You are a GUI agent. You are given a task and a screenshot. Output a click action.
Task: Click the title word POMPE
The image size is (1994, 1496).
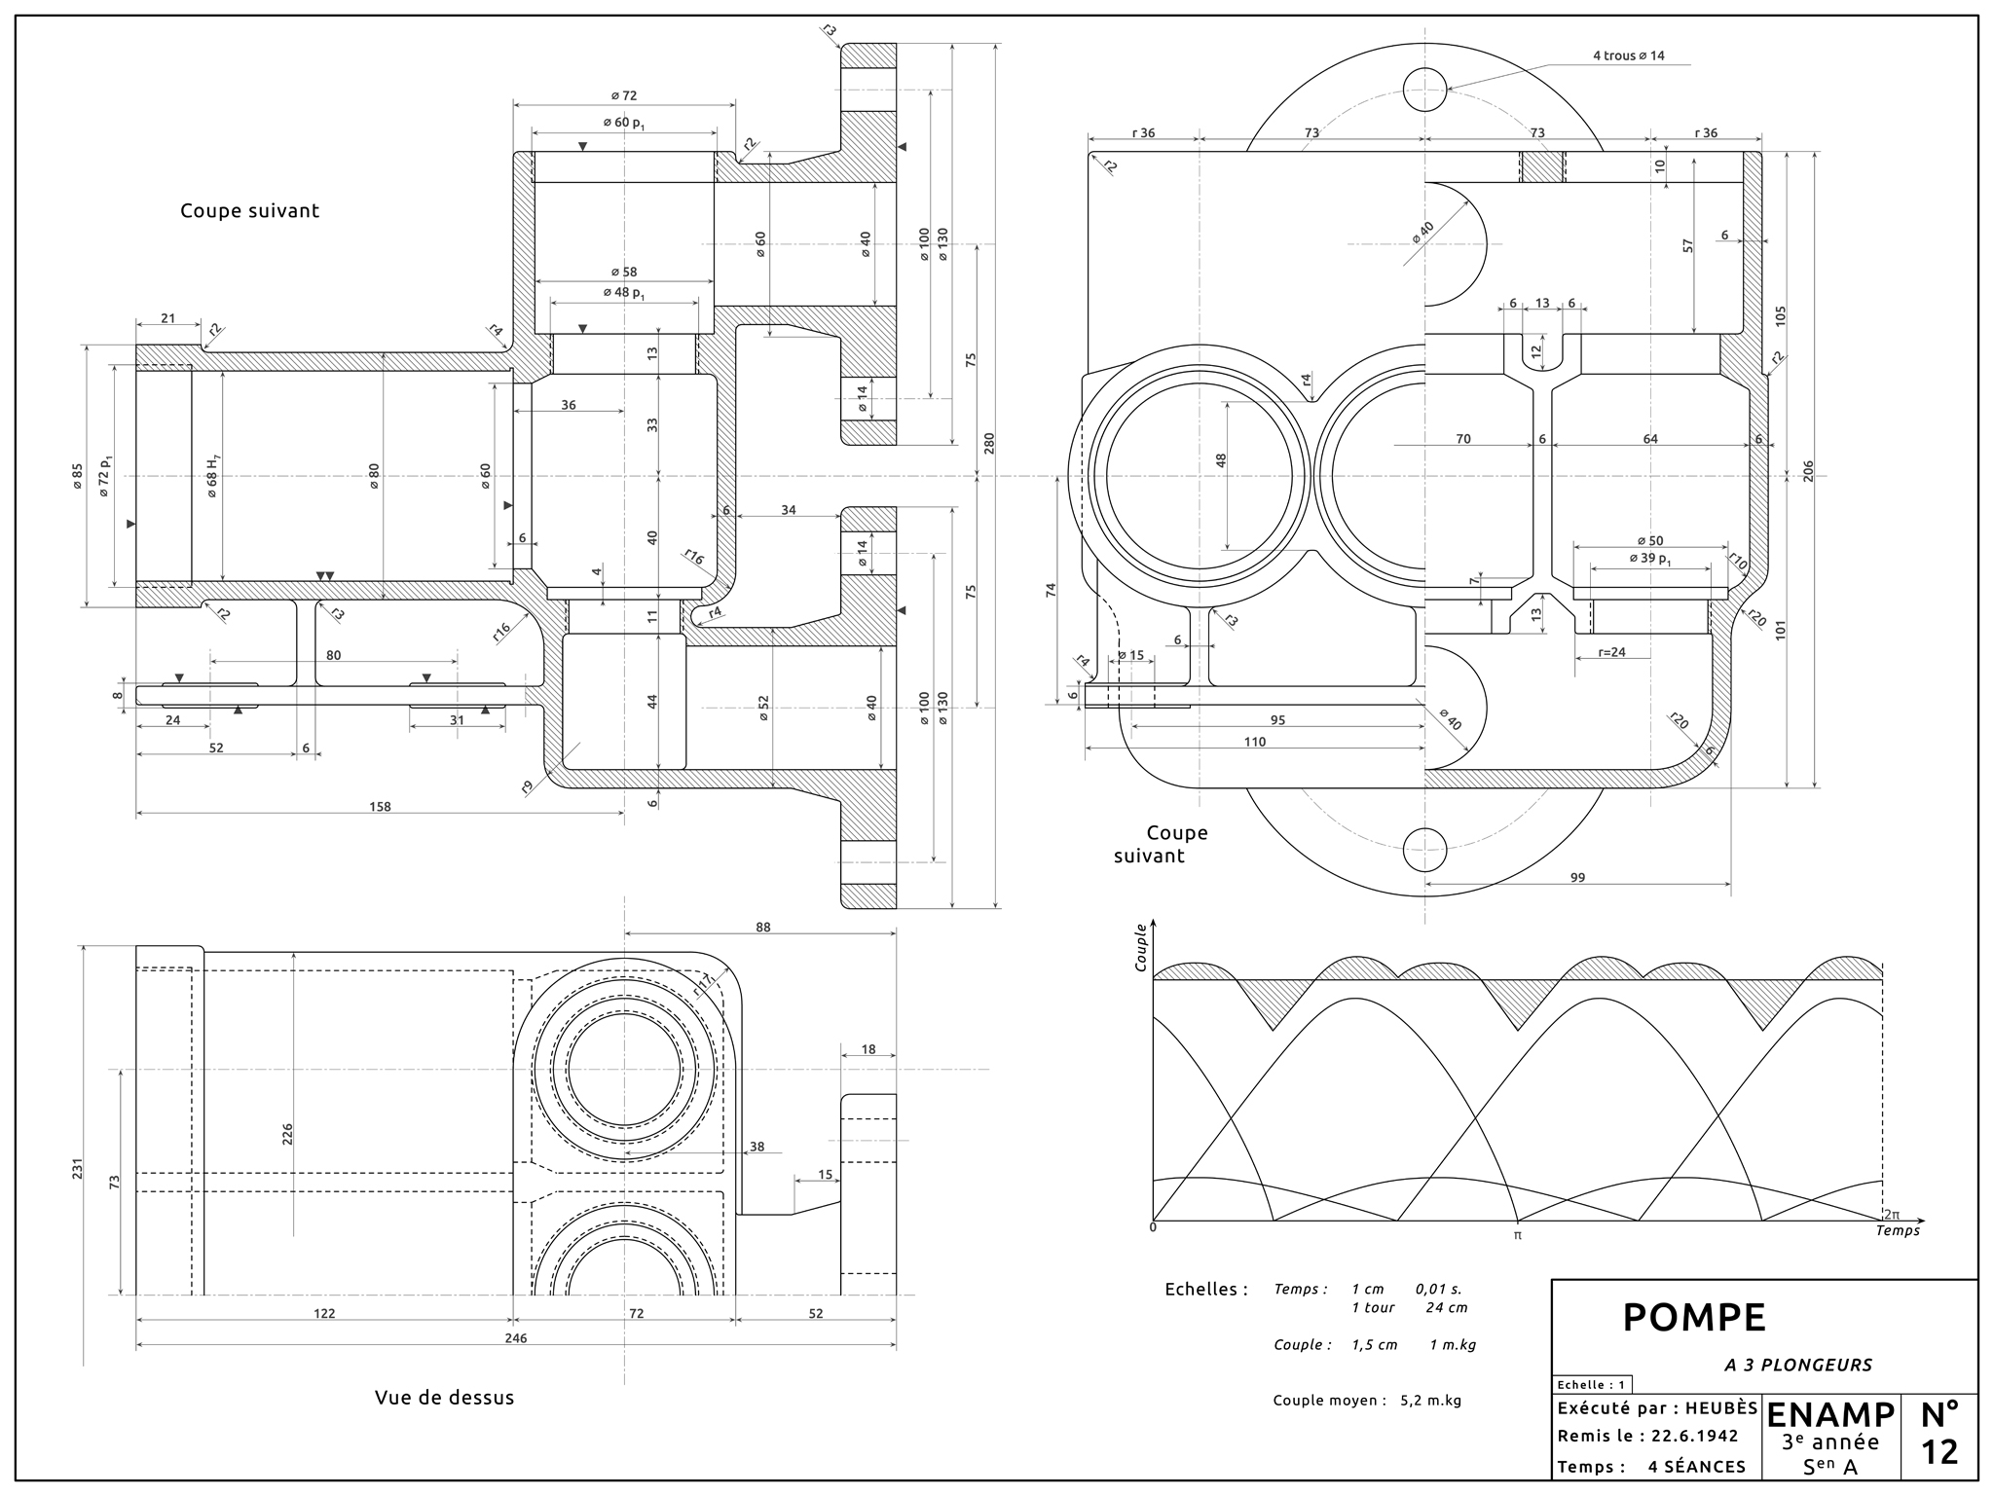1693,1318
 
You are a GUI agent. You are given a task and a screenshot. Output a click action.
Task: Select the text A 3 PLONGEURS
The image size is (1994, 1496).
1798,1365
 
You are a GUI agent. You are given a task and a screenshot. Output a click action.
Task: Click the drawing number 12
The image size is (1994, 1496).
1939,1451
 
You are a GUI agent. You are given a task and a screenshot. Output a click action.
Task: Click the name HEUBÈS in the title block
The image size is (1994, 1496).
1721,1407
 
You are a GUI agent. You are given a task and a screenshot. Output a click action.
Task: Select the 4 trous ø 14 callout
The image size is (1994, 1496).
1628,55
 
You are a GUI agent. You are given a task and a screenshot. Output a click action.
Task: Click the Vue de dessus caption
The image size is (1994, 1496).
444,1398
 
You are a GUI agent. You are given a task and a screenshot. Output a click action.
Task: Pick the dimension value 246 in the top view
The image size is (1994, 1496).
516,1338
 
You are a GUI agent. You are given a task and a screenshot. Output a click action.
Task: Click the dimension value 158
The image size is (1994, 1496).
380,806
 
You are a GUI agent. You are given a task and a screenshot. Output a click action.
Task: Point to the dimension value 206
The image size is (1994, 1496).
1809,471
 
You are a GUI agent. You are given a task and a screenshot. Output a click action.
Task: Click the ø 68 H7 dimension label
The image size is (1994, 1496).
213,477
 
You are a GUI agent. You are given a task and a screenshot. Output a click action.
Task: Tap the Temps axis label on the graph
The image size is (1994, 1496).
1898,1230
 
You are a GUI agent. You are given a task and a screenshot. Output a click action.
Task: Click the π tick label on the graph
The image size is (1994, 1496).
1517,1235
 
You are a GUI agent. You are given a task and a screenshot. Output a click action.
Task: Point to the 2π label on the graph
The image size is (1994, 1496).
1890,1214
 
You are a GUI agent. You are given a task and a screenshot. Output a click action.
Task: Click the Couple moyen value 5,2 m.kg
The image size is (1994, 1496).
1430,1401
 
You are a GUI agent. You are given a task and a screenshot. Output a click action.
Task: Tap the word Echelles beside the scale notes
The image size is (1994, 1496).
1205,1290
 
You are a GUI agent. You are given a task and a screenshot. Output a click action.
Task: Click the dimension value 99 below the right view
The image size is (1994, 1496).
1577,877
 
